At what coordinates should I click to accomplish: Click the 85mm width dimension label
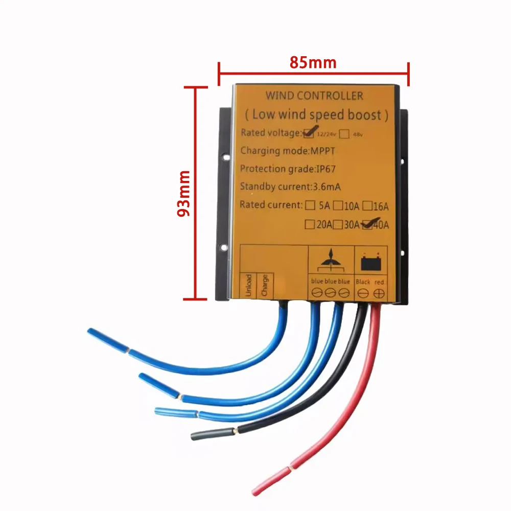pos(313,63)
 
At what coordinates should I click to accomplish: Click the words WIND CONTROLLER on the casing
pos(314,96)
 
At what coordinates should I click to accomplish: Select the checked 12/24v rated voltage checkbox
pos(308,134)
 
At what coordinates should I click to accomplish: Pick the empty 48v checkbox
pos(344,134)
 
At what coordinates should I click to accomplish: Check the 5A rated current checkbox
pos(310,206)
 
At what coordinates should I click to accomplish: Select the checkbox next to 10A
pos(338,206)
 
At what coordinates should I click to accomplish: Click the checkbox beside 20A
pos(309,224)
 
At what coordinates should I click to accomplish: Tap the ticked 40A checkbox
pos(366,225)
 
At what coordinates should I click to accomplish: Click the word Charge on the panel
pos(264,284)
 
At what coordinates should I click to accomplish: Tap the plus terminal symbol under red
pos(379,293)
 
